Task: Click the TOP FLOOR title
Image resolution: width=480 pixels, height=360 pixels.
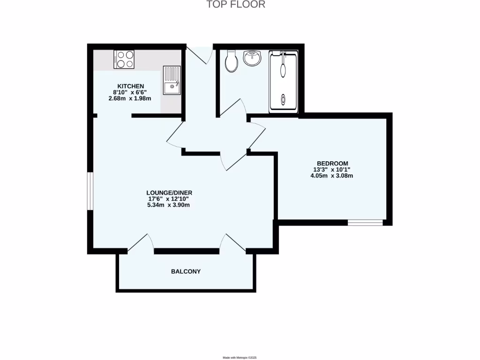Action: coord(236,5)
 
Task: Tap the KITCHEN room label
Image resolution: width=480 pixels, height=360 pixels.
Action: coord(130,86)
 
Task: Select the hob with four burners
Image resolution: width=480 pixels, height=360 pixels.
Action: coord(124,60)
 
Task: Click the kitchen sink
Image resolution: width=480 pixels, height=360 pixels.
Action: coord(172,80)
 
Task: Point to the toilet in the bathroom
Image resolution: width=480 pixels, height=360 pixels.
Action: coord(232,61)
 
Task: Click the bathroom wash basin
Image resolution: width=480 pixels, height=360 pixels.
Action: coord(253,59)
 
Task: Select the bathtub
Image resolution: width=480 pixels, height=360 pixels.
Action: coord(283,82)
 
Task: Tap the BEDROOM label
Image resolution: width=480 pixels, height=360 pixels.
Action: coord(331,163)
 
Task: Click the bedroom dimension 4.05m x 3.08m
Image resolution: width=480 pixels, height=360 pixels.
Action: coord(331,176)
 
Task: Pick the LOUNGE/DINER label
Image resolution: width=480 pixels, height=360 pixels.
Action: coord(169,192)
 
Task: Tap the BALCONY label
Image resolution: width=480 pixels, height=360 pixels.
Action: coord(186,271)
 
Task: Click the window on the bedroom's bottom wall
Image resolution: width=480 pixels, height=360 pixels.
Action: coord(365,223)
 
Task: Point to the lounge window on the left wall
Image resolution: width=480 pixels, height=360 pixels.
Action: coord(90,191)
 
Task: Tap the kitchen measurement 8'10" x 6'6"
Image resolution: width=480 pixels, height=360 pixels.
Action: coord(130,92)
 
